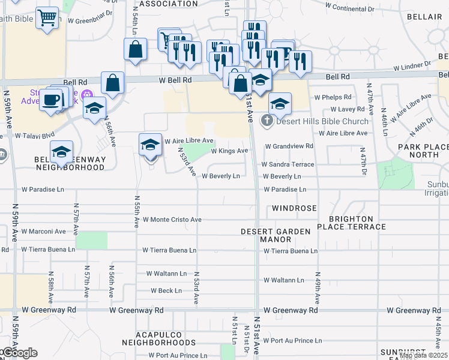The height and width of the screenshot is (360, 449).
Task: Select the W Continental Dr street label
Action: click(x=357, y=10)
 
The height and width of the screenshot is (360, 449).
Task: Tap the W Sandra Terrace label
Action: click(x=287, y=164)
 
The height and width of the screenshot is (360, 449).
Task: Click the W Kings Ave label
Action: click(x=229, y=151)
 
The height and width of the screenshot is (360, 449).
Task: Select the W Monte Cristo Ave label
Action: click(x=172, y=220)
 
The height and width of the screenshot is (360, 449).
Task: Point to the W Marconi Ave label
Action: click(x=43, y=231)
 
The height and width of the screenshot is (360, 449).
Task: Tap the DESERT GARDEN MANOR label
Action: click(x=276, y=235)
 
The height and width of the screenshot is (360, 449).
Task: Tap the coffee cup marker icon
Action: click(x=52, y=99)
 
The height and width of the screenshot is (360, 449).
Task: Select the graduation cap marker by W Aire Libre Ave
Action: click(x=151, y=145)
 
